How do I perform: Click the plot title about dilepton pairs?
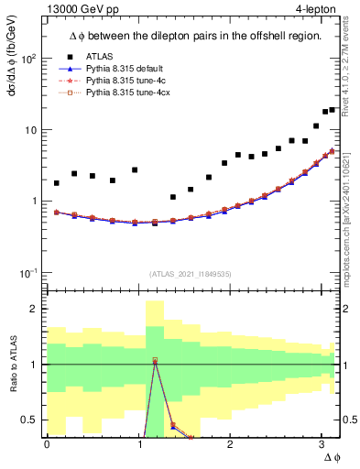tap(193, 36)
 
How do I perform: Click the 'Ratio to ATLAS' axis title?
tap(12, 365)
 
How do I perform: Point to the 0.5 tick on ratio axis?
tap(31, 420)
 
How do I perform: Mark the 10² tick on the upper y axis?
tap(28, 59)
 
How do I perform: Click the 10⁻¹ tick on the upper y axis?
tap(28, 273)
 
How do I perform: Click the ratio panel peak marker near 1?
tap(155, 361)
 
